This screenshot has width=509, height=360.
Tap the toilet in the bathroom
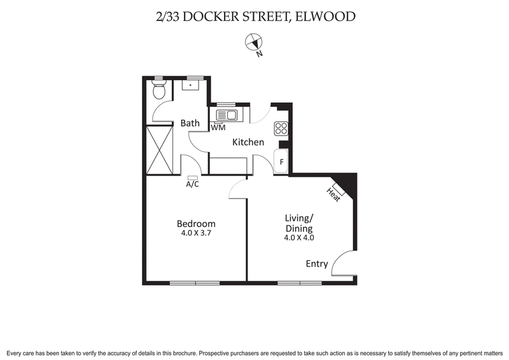click(159, 92)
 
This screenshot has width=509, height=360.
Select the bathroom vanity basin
click(190, 85)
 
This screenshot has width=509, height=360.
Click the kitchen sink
click(227, 115)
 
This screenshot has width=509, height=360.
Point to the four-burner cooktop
click(281, 129)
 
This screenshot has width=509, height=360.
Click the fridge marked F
click(281, 162)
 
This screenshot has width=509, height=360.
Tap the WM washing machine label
click(218, 128)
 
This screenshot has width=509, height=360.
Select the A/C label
click(193, 184)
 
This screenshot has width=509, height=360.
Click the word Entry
click(317, 264)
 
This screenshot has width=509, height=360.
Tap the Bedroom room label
click(196, 224)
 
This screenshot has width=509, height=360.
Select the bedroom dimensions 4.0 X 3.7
click(196, 234)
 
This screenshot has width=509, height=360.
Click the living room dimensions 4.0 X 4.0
click(299, 238)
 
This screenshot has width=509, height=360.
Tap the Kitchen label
click(248, 142)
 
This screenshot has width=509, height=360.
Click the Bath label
click(190, 123)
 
